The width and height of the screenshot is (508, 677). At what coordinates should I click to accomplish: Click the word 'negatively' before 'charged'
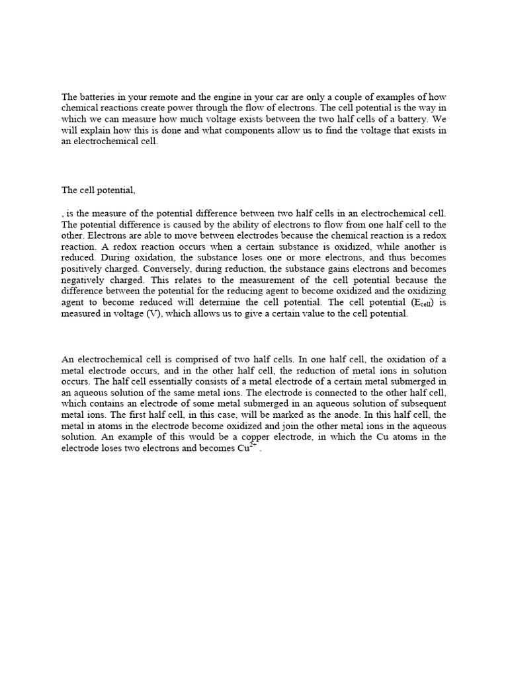point(85,280)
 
